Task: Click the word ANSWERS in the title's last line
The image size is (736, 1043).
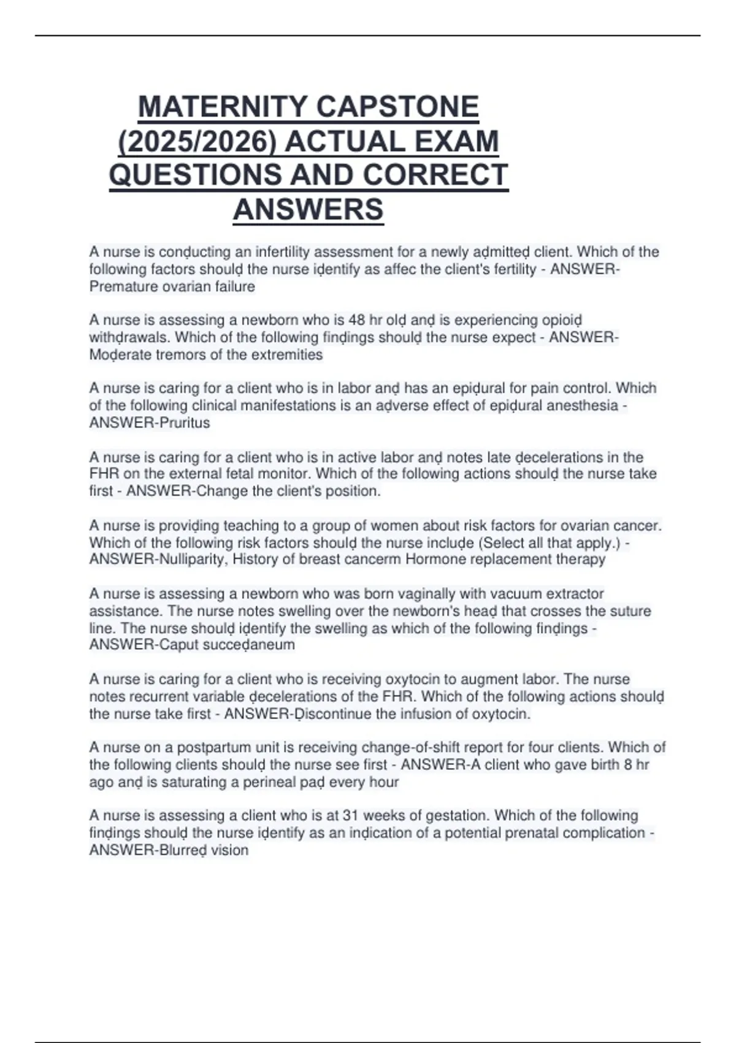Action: (308, 209)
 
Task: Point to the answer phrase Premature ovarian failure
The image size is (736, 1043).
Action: (172, 287)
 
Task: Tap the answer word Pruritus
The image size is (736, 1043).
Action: (184, 423)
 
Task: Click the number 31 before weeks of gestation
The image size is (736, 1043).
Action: (350, 815)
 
